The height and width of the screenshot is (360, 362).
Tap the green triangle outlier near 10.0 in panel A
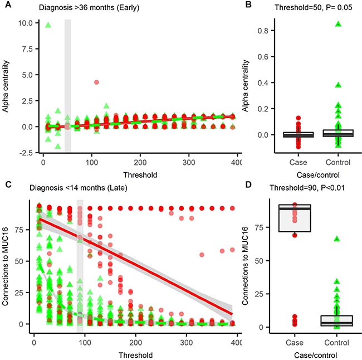48,25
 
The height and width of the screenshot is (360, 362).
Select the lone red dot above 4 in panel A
96,82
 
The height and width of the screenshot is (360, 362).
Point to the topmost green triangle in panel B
338,24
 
